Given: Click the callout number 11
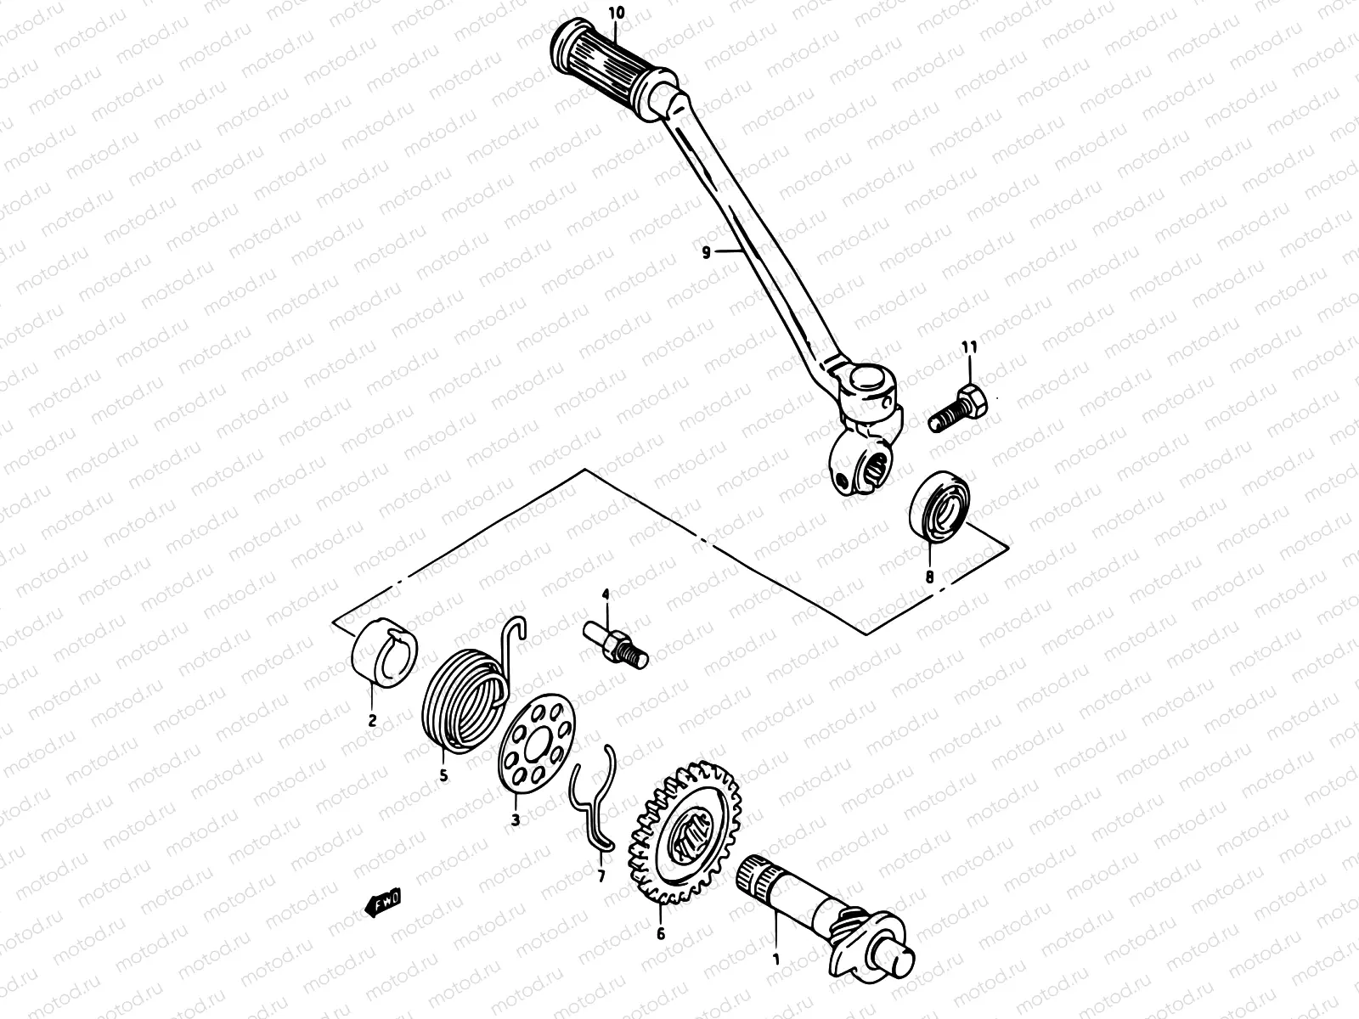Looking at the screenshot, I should [x=969, y=347].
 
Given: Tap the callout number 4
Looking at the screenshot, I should [x=606, y=595].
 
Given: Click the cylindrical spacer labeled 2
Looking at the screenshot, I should [x=384, y=651].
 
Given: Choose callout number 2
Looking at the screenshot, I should [x=372, y=721].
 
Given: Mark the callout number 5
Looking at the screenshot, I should [x=443, y=775].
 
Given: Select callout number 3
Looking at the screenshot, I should [x=516, y=820].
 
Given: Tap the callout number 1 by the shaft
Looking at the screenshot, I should [x=775, y=960].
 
